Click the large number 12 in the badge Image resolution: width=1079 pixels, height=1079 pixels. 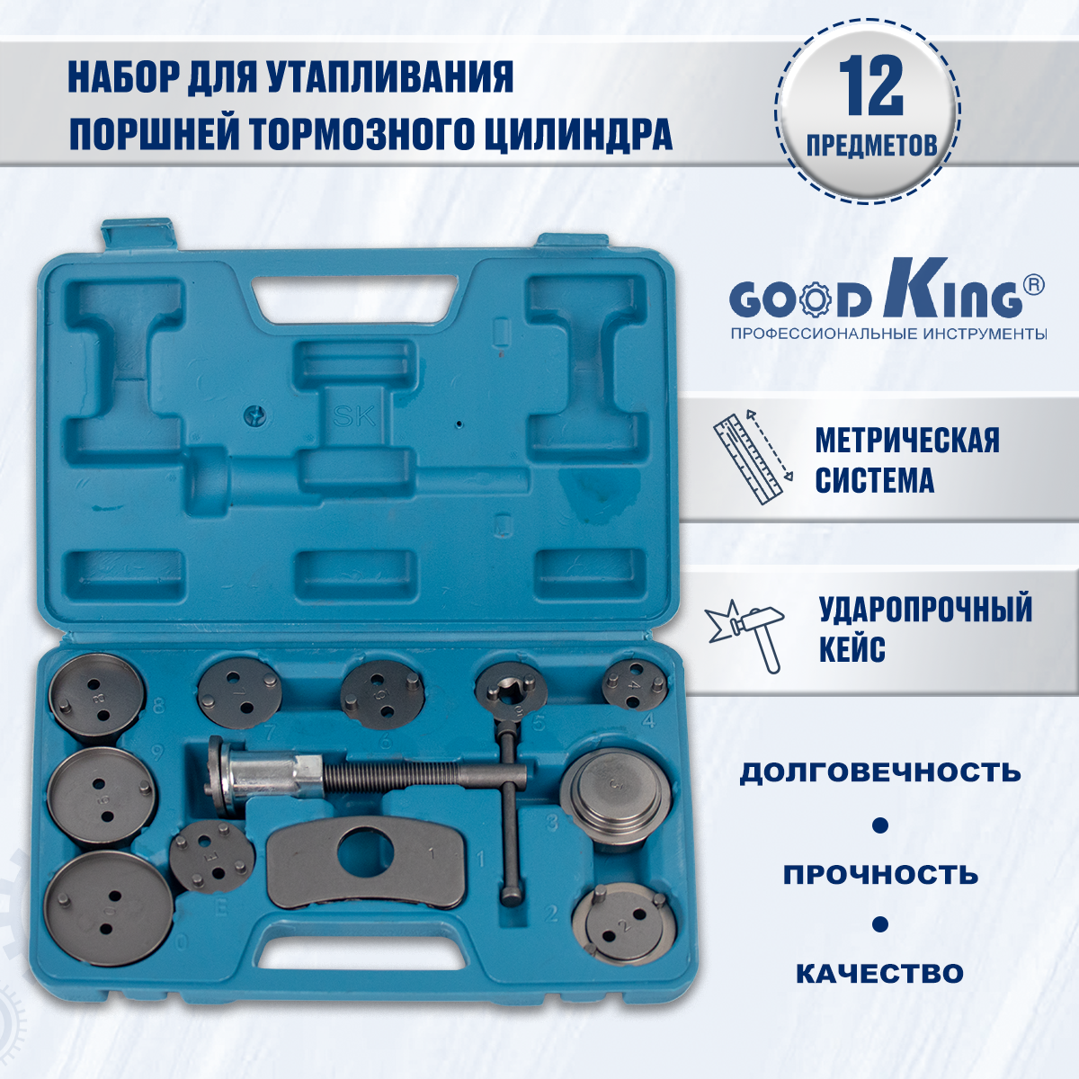click(x=870, y=86)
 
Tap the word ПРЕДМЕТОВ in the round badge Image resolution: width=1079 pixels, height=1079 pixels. click(x=872, y=146)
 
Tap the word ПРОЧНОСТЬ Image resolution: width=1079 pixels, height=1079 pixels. click(x=880, y=875)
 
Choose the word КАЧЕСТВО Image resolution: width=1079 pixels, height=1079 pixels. click(x=879, y=974)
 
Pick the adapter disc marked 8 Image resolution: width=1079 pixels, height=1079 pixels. click(x=97, y=699)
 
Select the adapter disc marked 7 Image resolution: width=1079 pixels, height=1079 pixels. click(x=240, y=693)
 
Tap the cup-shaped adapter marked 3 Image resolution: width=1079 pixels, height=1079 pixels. click(x=615, y=792)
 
